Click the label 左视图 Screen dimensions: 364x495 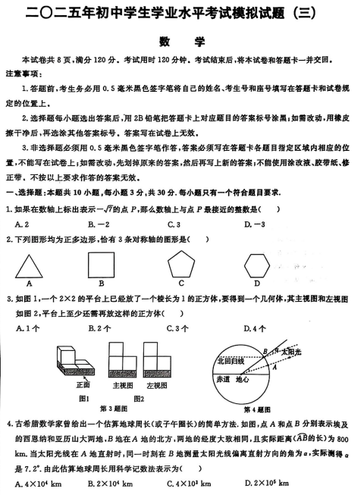[157, 385]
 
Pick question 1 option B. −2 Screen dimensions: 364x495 [99, 224]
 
